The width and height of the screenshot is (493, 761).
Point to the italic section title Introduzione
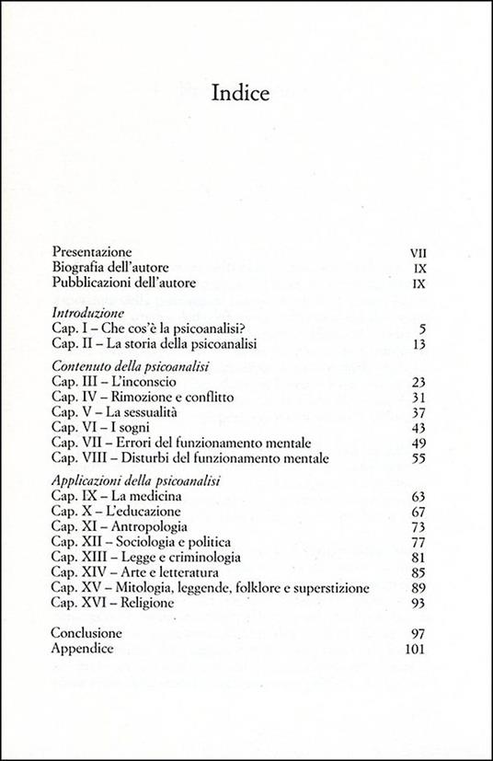point(91,312)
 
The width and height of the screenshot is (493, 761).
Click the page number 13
point(419,344)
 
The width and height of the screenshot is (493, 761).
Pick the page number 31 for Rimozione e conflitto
point(419,398)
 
